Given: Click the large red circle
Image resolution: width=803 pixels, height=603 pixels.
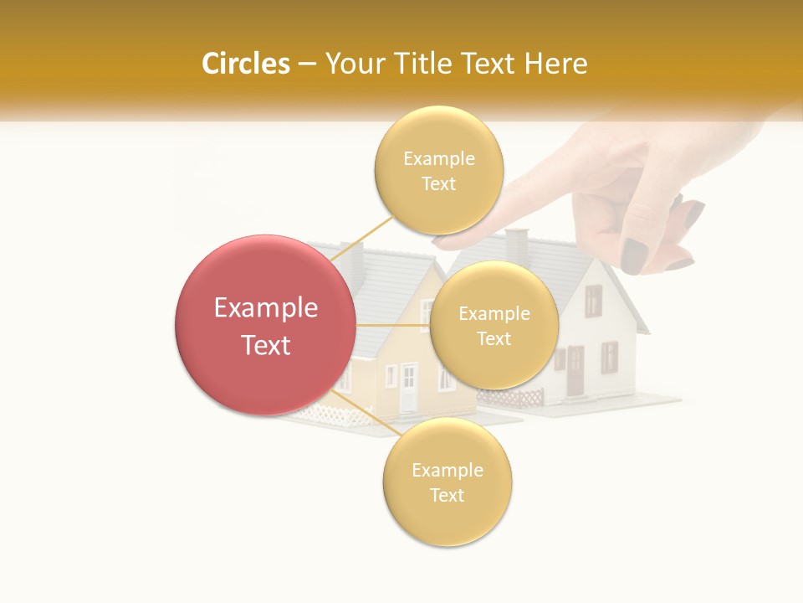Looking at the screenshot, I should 265,325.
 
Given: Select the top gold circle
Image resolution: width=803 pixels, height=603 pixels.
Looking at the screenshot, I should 438,170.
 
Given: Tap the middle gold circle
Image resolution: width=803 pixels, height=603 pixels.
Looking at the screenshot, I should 494,325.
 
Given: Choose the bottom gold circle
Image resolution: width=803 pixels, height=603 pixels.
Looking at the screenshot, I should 447,482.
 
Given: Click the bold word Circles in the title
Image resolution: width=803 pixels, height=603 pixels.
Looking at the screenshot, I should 246,64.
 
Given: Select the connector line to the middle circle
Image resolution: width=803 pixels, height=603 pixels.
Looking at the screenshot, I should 392,324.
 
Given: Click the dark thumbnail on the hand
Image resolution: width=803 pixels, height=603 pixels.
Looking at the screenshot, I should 633,255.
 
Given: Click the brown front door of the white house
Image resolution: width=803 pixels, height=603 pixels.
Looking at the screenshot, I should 575,372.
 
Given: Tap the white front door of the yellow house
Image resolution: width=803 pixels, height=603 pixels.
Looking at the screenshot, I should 408,388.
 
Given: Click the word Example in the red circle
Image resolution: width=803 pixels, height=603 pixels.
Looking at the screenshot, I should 265,308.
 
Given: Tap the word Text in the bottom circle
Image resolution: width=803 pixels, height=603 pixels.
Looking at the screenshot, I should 447,495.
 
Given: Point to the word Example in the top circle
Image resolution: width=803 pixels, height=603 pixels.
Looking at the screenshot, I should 438,158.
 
